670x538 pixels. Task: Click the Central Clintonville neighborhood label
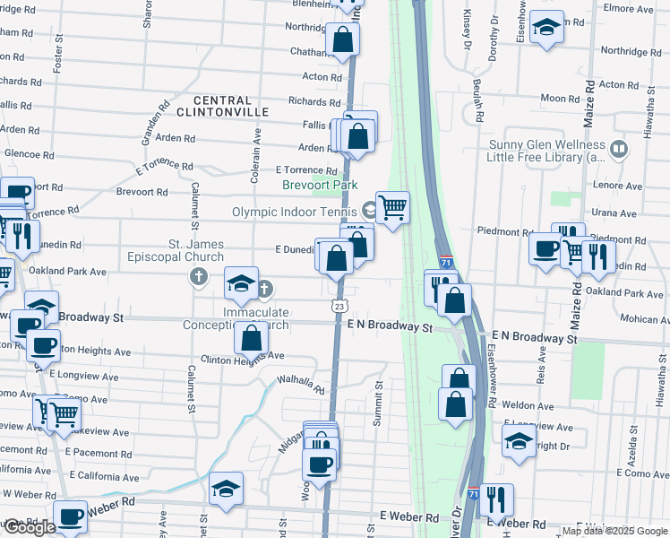(222, 105)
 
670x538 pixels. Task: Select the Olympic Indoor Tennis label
(295, 212)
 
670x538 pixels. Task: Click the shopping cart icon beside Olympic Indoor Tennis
(392, 208)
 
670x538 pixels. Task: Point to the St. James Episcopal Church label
(196, 250)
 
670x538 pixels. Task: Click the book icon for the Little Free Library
(618, 149)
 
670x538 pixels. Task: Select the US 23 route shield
(339, 306)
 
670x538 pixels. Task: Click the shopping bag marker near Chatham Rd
(342, 39)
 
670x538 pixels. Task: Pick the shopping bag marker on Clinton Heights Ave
(252, 339)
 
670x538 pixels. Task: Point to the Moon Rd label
(560, 98)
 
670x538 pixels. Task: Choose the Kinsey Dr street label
(467, 30)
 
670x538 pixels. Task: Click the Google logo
(30, 527)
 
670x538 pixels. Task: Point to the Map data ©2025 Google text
(614, 531)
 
